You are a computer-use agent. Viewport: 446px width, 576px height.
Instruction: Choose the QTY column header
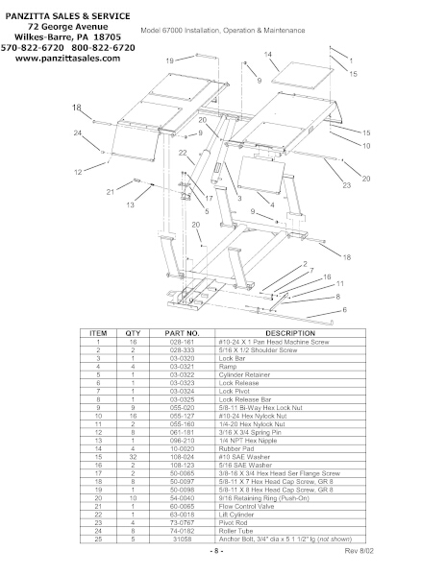(133, 332)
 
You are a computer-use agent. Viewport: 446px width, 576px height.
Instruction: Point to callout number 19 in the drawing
(170, 60)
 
